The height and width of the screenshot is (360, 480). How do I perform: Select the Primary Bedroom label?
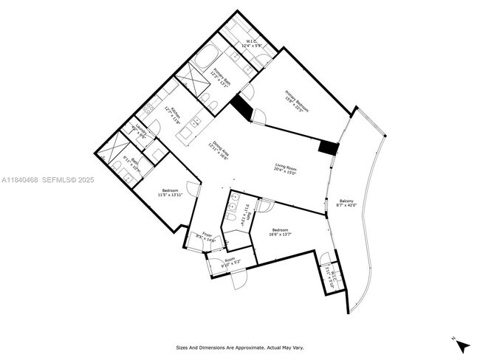296,101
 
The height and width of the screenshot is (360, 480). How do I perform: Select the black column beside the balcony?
329,147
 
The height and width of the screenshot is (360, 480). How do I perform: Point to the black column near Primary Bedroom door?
241,109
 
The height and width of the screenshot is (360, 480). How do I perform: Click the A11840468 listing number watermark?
19,179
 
